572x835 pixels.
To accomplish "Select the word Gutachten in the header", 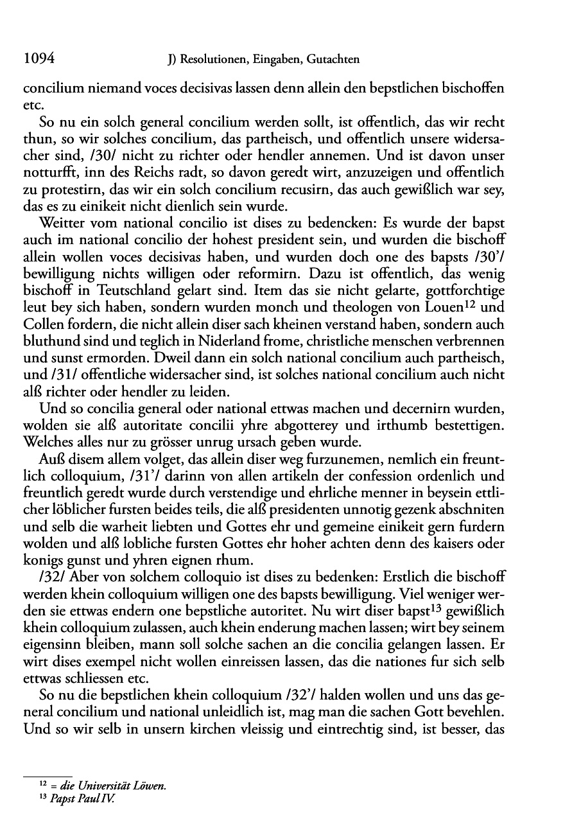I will pyautogui.click(x=332, y=60).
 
